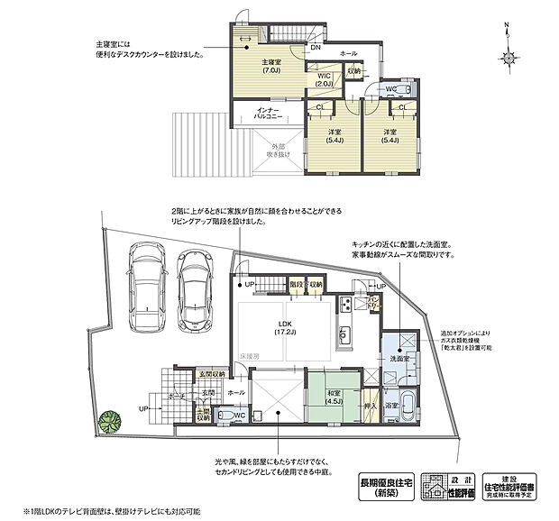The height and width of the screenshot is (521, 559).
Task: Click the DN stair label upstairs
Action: click(x=316, y=47)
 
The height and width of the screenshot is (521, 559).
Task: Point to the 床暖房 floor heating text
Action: click(x=251, y=358)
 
